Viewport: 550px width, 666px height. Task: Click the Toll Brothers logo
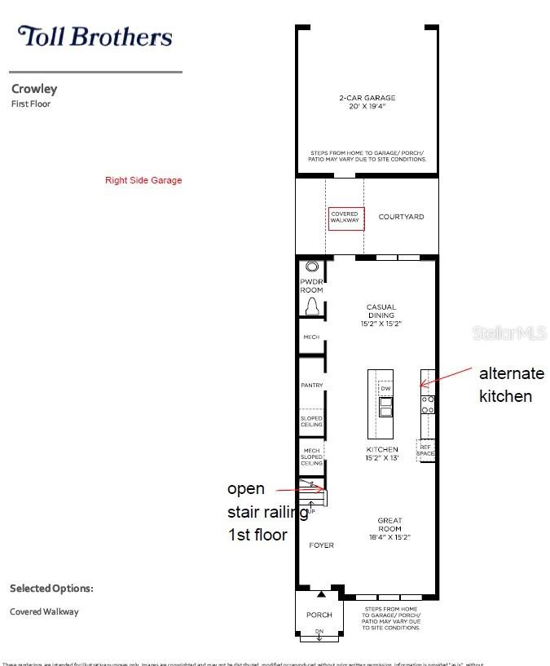(95, 37)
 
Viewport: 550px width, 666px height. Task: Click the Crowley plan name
(34, 90)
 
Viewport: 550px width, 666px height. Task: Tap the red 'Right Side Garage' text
(143, 180)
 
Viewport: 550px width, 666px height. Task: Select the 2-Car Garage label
(367, 103)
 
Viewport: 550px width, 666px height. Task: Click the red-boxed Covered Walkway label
(345, 217)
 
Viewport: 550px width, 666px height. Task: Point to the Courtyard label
(401, 217)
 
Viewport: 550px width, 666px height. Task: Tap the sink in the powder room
(312, 267)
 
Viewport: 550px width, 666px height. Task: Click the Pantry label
(312, 385)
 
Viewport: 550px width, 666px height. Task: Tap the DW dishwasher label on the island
(386, 388)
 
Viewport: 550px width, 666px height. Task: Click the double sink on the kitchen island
(386, 405)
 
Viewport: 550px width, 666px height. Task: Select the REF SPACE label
(425, 450)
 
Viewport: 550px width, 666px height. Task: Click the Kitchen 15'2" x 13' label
(382, 454)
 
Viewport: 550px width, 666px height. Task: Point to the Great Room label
(389, 525)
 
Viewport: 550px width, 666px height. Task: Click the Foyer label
(322, 545)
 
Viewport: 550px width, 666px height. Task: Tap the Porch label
(319, 615)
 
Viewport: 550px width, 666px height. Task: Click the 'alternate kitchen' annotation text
(511, 385)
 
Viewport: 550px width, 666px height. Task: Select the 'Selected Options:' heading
(51, 588)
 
